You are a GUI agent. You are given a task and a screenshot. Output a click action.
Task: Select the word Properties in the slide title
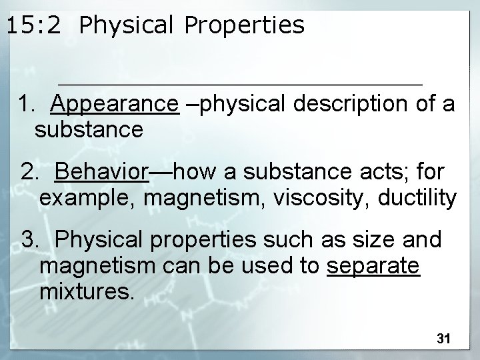pyautogui.click(x=244, y=25)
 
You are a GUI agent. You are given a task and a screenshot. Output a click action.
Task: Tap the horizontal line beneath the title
pyautogui.click(x=240, y=85)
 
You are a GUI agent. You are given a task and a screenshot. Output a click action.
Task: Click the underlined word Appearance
pyautogui.click(x=114, y=105)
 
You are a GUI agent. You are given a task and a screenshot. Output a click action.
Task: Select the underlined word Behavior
pyautogui.click(x=101, y=173)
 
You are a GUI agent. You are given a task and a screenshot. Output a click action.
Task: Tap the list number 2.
pyautogui.click(x=29, y=173)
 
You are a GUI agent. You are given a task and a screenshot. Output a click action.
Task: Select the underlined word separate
pyautogui.click(x=373, y=266)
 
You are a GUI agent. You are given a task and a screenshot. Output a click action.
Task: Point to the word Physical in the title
pyautogui.click(x=127, y=25)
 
